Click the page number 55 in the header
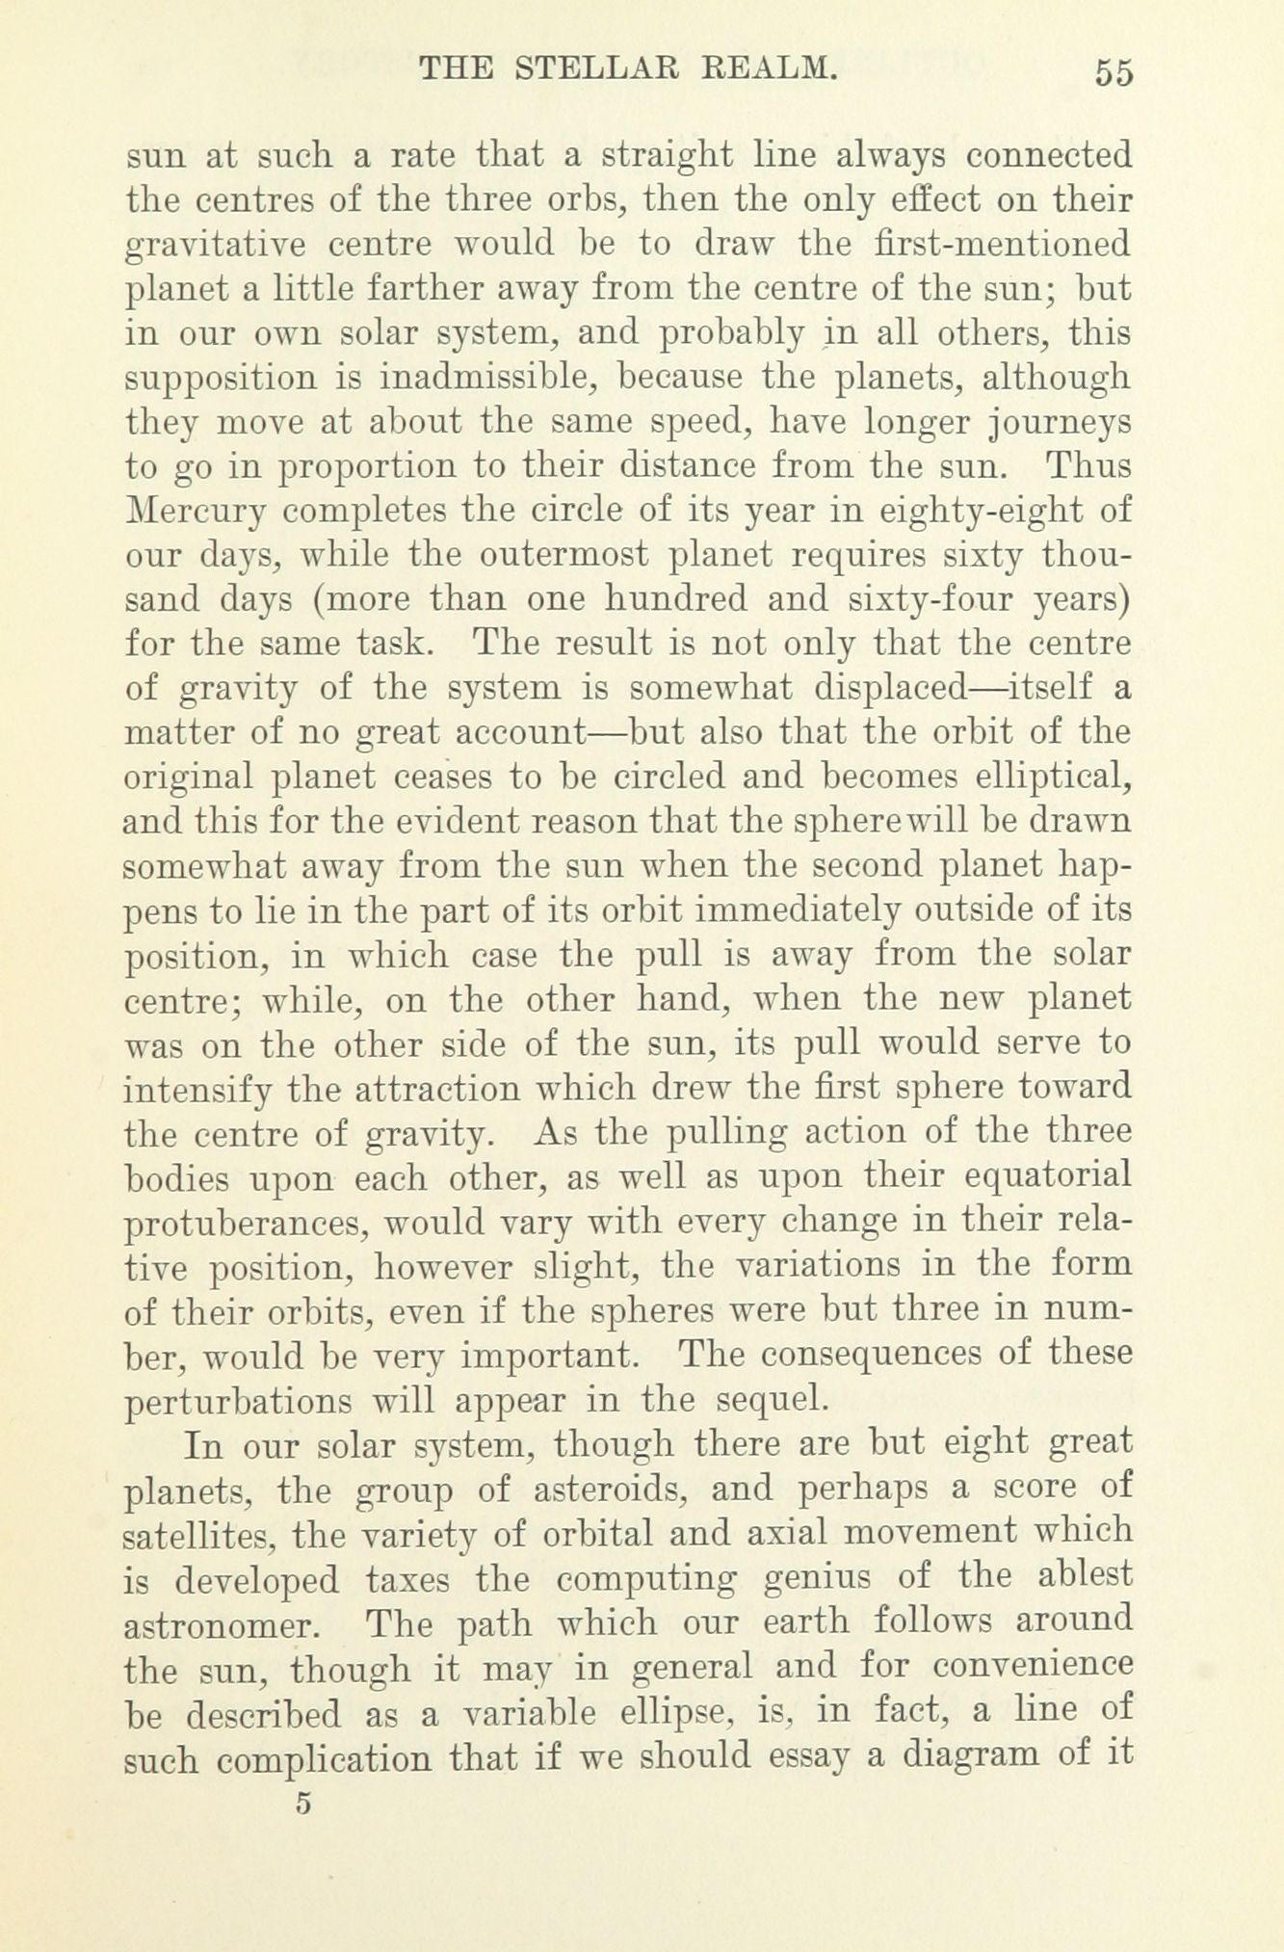click(1113, 73)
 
